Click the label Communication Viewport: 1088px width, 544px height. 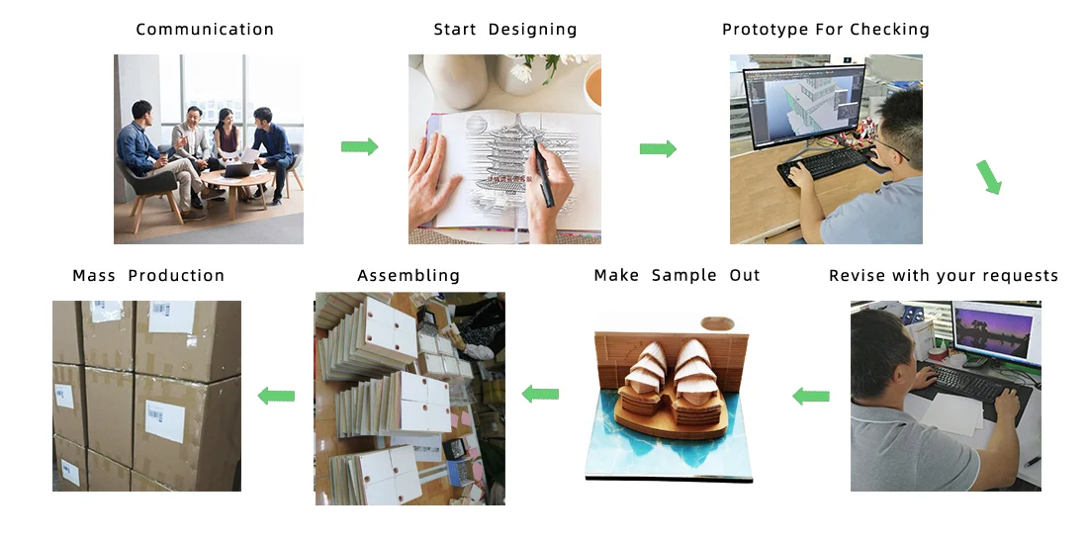(205, 30)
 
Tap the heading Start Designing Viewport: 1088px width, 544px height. (505, 30)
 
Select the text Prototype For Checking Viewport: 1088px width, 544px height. (826, 30)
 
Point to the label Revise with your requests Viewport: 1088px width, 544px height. (944, 276)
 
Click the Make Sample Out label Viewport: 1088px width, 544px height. (678, 276)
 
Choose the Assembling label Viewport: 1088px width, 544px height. (408, 276)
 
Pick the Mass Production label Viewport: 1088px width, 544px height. (148, 276)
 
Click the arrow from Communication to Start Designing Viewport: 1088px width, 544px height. (359, 146)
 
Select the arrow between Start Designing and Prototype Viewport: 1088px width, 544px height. (658, 148)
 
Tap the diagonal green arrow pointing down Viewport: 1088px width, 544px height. (988, 177)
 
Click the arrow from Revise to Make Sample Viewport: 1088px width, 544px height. (811, 397)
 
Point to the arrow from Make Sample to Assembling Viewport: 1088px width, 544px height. (540, 394)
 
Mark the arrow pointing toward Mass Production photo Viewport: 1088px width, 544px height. (276, 396)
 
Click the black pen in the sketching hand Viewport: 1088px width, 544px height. (543, 172)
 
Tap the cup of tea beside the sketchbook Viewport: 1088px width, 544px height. (592, 87)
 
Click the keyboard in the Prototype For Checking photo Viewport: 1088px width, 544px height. (824, 164)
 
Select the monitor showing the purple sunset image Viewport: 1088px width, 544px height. (996, 332)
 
